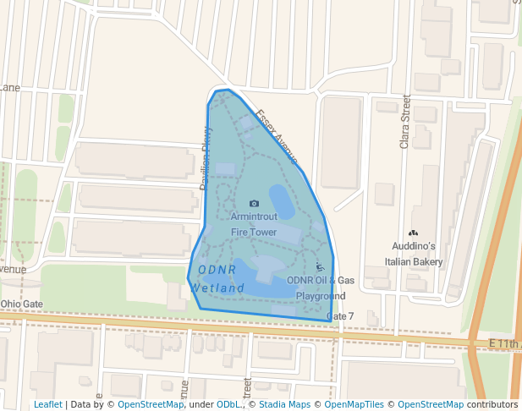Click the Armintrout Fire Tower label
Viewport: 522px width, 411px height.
tap(254, 224)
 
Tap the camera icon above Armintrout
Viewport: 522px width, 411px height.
tap(255, 204)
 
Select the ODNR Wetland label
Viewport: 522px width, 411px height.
tap(218, 279)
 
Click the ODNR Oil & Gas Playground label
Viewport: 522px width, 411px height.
tap(321, 288)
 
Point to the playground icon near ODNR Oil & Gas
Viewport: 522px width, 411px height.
tap(320, 268)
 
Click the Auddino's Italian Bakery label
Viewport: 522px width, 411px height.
tap(413, 254)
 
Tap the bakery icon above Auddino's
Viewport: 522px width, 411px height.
tap(413, 233)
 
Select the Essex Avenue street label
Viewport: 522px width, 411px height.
tap(277, 136)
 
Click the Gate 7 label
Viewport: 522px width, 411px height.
tap(340, 316)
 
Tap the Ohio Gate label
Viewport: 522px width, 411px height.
tap(21, 304)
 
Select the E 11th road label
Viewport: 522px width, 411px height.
tap(505, 343)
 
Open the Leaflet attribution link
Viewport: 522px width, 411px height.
tap(48, 404)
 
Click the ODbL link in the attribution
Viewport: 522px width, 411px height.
tap(228, 404)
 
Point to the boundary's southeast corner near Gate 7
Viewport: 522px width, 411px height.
tap(333, 321)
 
